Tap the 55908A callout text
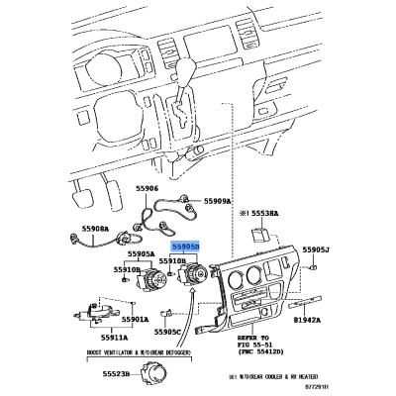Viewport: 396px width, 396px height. (96, 229)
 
